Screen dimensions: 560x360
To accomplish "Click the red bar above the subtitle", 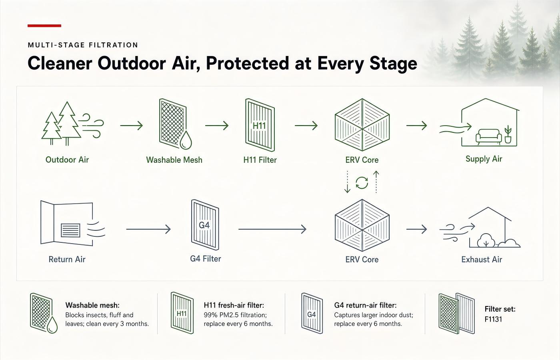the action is [44, 26].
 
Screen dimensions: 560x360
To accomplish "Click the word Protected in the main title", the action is [248, 64].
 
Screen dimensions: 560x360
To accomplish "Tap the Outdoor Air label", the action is [67, 160].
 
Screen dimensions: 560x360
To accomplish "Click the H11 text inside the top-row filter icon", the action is [259, 126].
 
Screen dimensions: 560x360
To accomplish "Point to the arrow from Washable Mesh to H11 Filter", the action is [217, 126].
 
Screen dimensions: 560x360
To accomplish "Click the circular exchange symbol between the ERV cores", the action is [362, 183].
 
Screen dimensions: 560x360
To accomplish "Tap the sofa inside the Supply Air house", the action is [488, 137].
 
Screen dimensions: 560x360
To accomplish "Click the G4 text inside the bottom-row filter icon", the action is [204, 225].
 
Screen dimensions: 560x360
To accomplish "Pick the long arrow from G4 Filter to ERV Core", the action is [272, 229].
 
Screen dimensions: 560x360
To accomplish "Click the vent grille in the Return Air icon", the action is [70, 230].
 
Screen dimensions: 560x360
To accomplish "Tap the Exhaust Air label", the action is [482, 260].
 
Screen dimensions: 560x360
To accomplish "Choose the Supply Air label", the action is [484, 159].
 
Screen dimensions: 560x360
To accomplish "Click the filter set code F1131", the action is [493, 319].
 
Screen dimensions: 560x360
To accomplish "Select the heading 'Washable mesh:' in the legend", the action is [92, 305].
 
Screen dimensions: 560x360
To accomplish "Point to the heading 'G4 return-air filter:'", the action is [365, 305].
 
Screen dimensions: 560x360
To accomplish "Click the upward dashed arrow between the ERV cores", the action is [376, 182].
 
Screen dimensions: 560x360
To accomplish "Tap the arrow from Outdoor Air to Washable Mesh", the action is [132, 126].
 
